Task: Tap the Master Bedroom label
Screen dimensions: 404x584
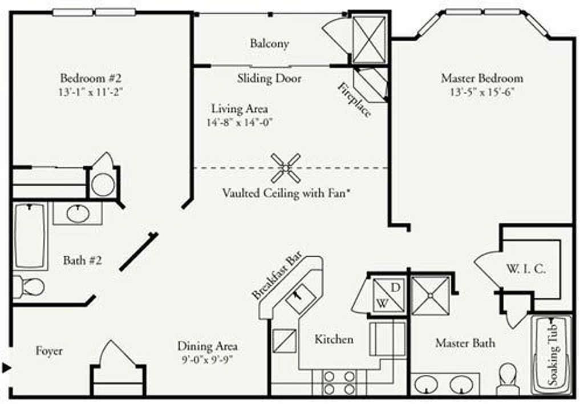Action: [x=482, y=78]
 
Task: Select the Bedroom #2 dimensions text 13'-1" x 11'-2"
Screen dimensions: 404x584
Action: [x=91, y=91]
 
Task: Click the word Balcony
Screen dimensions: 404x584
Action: [x=269, y=43]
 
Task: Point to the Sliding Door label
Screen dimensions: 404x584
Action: [x=269, y=78]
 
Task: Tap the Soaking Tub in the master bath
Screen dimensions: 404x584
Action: [x=551, y=354]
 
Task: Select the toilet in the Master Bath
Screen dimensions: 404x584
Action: [x=506, y=377]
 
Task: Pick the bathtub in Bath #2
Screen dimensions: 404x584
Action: [x=30, y=236]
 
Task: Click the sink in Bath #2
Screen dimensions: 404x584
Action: [x=78, y=214]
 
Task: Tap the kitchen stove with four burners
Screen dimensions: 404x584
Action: [x=339, y=382]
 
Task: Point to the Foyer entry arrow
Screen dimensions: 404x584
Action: [x=6, y=367]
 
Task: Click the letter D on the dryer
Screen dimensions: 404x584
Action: [x=398, y=285]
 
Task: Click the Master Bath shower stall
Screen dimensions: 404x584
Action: [x=430, y=296]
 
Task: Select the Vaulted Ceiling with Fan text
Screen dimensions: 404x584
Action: [x=286, y=193]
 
